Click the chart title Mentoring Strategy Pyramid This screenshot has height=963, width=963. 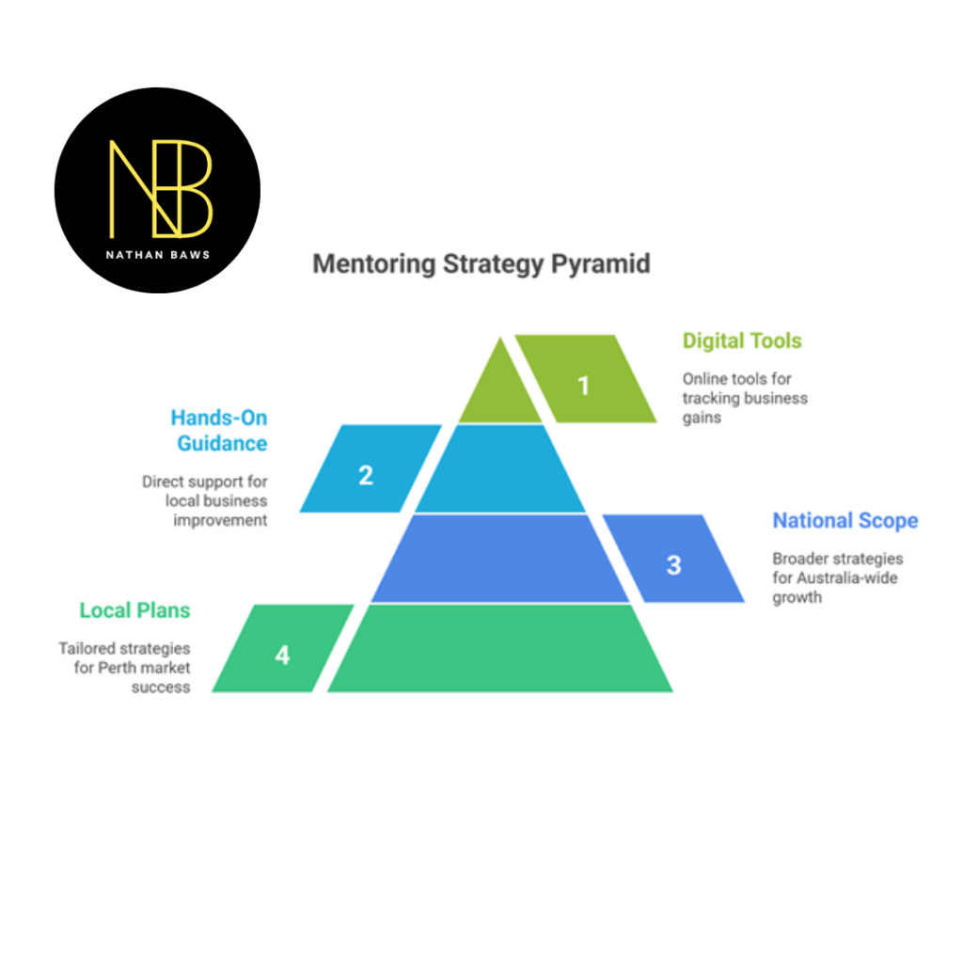point(481,263)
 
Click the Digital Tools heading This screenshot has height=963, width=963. point(742,340)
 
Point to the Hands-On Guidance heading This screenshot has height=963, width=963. point(219,430)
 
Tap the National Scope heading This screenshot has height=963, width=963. point(845,521)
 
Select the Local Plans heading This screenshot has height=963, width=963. point(134,610)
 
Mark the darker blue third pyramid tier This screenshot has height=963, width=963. point(500,559)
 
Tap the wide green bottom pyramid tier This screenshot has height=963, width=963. point(500,649)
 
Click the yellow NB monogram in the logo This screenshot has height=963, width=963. point(160,188)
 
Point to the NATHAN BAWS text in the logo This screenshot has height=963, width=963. point(158,255)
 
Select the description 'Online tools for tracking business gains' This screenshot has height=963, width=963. point(744,398)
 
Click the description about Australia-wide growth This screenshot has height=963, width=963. point(837,577)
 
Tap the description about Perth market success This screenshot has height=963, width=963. point(125,668)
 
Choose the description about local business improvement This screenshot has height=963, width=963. point(205,500)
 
